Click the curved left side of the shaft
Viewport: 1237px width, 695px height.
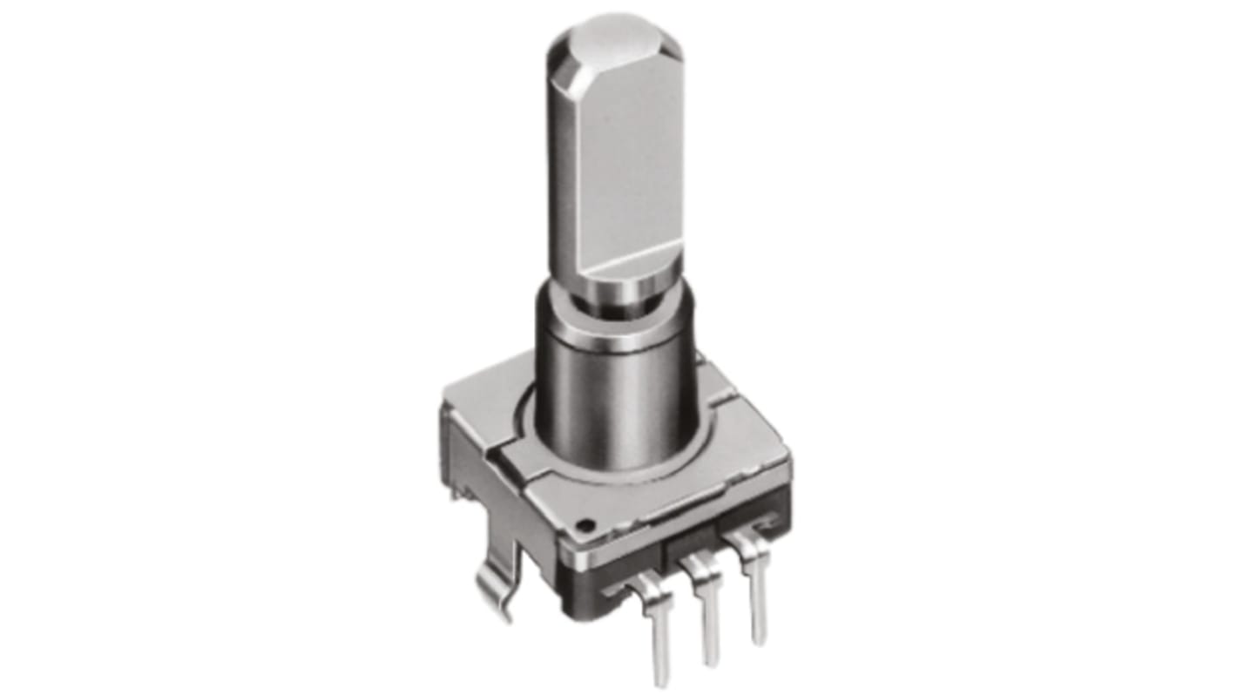(563, 174)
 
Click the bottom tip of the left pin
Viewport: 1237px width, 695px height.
(664, 679)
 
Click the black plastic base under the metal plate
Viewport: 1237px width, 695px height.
(627, 601)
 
